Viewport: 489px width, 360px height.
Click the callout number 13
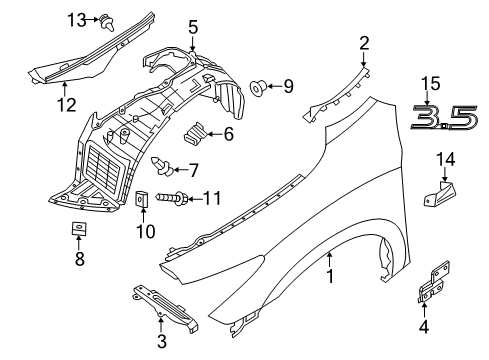(77, 20)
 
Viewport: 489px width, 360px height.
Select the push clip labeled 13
(107, 23)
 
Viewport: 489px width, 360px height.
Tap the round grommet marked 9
(258, 88)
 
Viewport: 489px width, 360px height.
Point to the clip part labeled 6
(195, 134)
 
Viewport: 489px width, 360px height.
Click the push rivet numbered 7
(162, 166)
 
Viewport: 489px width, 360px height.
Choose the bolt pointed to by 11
(172, 199)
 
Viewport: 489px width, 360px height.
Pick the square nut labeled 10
(141, 199)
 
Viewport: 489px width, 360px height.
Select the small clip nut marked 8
(79, 229)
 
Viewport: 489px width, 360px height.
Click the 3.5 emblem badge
(445, 118)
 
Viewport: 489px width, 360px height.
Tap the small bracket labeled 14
(439, 194)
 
